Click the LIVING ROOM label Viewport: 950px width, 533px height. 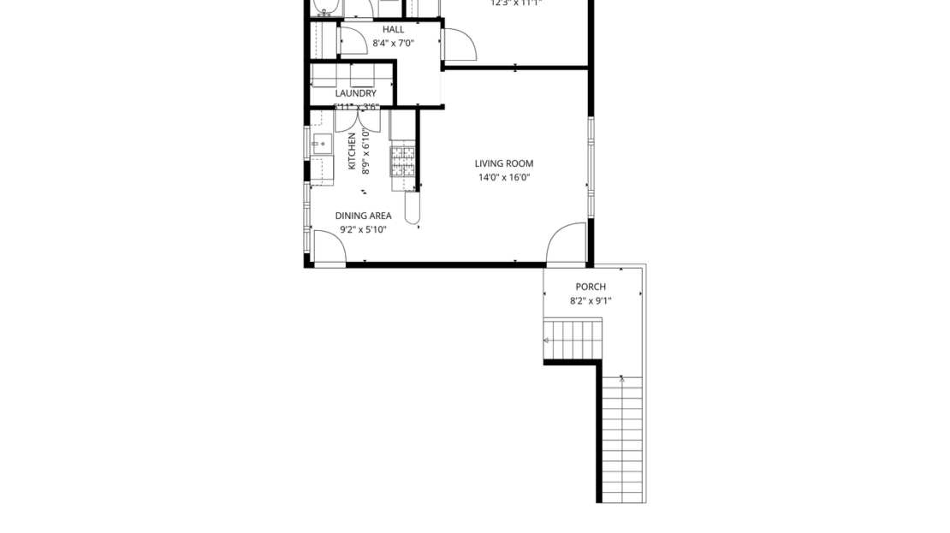tap(504, 163)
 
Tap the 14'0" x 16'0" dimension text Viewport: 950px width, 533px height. tap(504, 178)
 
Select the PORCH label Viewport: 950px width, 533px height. tap(591, 287)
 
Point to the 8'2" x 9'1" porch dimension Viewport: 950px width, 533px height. tap(591, 301)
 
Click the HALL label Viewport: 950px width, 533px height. tap(394, 29)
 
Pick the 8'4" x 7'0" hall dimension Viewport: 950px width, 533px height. tap(394, 43)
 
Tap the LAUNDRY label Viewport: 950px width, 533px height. tap(355, 93)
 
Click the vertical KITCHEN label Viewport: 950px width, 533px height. tap(352, 151)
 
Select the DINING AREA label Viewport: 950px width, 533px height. tap(363, 216)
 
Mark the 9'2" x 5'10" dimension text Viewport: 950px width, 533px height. tap(363, 229)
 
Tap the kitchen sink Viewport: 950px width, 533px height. tap(323, 144)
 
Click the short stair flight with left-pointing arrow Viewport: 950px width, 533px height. tap(573, 340)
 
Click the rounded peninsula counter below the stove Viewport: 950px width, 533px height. tap(413, 208)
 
